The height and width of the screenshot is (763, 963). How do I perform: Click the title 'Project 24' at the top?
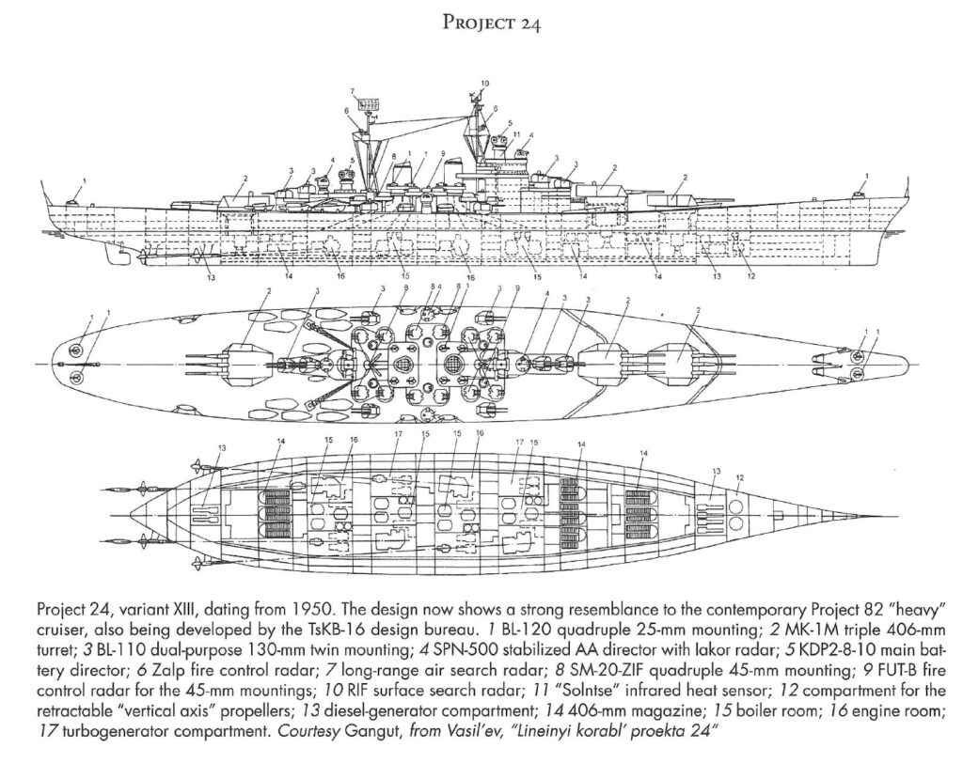(491, 23)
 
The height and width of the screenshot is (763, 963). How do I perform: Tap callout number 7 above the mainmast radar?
(354, 91)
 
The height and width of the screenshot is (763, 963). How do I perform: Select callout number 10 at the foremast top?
(484, 83)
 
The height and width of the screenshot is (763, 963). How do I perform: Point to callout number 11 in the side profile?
(516, 133)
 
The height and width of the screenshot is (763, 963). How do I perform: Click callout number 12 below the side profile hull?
(750, 276)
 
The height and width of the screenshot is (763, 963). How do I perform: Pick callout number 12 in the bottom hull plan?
(739, 477)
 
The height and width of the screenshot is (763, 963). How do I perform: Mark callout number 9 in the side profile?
(442, 153)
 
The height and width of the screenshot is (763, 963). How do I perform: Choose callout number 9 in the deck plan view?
(517, 288)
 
